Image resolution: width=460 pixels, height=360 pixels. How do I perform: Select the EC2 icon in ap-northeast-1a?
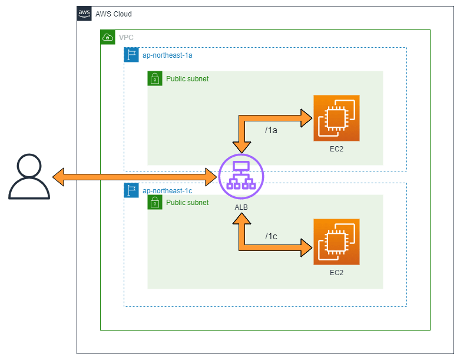coord(336,118)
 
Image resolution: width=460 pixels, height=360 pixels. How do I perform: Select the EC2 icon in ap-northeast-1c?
coord(336,242)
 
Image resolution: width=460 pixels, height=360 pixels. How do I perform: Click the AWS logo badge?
coord(84,14)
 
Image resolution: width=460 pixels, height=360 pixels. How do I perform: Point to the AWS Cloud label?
coord(114,14)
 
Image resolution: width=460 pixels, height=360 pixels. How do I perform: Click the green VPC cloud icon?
coord(108,37)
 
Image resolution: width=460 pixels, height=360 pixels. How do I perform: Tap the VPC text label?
coord(126,38)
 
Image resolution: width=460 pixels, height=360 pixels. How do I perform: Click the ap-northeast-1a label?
coord(167,55)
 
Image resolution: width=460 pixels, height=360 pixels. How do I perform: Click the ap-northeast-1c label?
coord(167,191)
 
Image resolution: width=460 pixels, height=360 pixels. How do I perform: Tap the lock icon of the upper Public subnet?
coord(155,78)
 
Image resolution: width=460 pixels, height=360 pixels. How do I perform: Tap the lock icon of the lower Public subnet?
coord(155,203)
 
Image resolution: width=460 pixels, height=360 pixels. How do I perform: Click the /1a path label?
coord(270,130)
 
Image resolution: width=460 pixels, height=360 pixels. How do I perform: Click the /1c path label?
coord(270,236)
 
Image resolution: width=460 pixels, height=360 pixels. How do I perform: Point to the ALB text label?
coord(241,208)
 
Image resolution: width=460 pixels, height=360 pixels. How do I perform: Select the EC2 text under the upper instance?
coord(336,149)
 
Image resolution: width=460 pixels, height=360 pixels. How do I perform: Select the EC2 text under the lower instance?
coord(336,273)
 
